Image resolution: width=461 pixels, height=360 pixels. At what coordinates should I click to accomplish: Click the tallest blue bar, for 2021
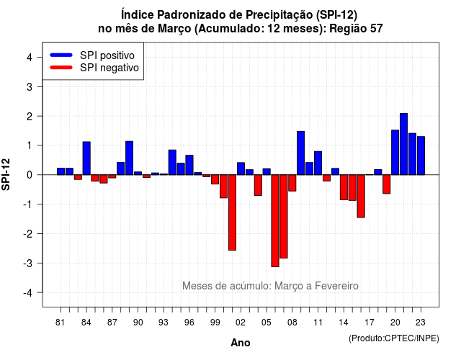click(x=403, y=144)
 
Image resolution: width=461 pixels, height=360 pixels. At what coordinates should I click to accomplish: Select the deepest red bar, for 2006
click(x=275, y=221)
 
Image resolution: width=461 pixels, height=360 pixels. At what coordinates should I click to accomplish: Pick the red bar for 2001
click(x=232, y=212)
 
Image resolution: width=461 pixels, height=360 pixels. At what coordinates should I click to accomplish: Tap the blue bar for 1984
click(x=86, y=158)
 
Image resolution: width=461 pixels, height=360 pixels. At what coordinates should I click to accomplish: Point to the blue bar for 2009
click(x=301, y=153)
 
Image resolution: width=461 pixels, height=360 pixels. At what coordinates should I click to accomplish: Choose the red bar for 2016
click(x=361, y=196)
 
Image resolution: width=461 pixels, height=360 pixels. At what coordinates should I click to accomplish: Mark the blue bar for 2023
click(x=421, y=156)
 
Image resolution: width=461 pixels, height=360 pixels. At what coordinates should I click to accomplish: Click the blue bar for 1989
click(x=130, y=158)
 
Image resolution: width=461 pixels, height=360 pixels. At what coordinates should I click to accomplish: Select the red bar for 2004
click(x=258, y=185)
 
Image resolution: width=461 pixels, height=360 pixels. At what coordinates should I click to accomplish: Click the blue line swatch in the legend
click(x=61, y=55)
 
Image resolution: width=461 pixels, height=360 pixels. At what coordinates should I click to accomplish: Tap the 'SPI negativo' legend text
click(x=109, y=68)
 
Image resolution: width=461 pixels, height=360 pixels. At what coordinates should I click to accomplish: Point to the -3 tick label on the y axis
click(x=29, y=264)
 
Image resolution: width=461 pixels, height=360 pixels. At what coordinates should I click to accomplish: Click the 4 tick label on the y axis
click(x=30, y=57)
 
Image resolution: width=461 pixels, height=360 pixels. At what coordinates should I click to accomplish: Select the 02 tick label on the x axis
click(x=240, y=323)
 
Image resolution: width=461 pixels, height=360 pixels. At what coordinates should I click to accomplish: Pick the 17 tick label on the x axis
click(x=370, y=323)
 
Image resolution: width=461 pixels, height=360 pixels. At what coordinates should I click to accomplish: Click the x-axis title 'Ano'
click(x=241, y=343)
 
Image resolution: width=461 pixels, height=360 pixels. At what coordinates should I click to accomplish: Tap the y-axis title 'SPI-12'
click(x=6, y=174)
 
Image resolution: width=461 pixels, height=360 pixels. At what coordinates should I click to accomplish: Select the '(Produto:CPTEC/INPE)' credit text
click(x=394, y=338)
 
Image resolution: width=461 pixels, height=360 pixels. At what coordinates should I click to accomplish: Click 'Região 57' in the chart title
click(x=356, y=29)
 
